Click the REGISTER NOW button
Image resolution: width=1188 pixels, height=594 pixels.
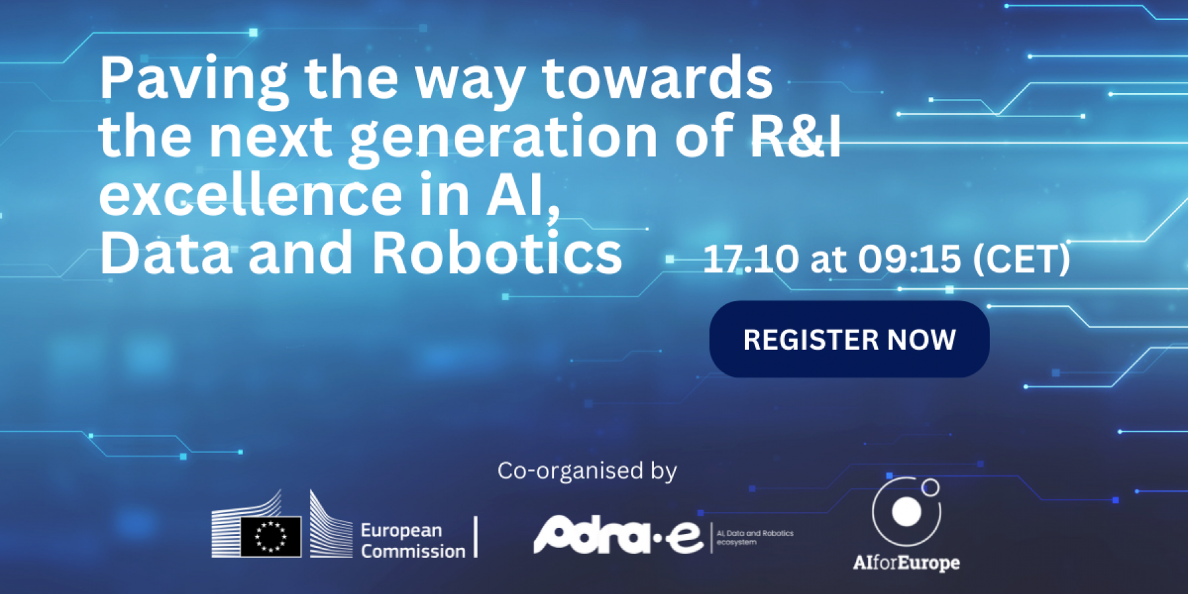[849, 339]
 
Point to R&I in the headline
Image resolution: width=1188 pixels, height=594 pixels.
[795, 136]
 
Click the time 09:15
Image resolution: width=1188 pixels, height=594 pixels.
[909, 259]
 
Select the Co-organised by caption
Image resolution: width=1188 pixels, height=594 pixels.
[587, 471]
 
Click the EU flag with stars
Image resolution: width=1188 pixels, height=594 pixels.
[271, 535]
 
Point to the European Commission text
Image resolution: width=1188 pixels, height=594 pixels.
[412, 541]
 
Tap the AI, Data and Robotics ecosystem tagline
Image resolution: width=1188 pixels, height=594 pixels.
[755, 537]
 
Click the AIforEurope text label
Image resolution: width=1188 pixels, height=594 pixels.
[906, 563]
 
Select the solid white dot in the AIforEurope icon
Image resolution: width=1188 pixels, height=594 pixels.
[906, 511]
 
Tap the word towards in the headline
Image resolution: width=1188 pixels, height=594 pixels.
[657, 79]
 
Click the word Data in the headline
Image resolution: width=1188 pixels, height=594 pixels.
[166, 253]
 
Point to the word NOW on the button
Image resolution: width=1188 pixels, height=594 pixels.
[921, 340]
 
